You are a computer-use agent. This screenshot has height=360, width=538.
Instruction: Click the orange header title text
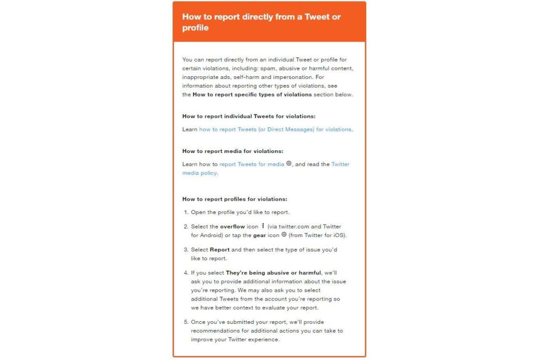click(261, 22)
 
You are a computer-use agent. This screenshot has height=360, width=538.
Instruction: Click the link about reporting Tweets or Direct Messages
click(275, 129)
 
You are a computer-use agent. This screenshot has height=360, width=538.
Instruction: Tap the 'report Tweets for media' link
click(252, 164)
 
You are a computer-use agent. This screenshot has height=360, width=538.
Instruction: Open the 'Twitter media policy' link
click(340, 164)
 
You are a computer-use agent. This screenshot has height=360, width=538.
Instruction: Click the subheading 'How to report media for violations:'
click(233, 151)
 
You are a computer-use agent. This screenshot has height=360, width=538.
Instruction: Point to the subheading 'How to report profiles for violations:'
click(235, 199)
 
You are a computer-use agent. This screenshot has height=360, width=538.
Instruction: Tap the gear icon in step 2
click(284, 235)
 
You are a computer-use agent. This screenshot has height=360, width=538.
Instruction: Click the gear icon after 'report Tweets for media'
click(288, 163)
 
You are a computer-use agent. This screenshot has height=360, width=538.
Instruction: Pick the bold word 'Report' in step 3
click(220, 250)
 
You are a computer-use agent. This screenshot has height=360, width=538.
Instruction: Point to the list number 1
click(186, 212)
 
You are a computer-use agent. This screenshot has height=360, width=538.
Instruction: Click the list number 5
click(186, 322)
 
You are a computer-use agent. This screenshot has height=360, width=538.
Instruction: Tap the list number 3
click(186, 250)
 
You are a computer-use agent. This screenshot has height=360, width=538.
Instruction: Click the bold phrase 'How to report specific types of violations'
click(252, 95)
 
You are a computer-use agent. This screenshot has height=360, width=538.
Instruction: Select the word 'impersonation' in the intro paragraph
click(282, 77)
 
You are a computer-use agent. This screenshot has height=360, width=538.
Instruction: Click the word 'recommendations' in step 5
click(215, 331)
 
